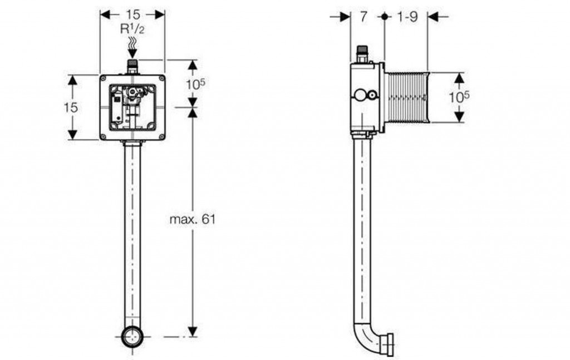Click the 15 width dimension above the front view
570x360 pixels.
point(133,14)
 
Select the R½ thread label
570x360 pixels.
point(132,29)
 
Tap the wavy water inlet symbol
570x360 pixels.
point(132,43)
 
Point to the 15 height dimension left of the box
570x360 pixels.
point(71,107)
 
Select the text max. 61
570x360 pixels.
point(193,219)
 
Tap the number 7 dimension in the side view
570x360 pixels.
point(364,16)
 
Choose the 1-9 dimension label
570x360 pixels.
point(407,16)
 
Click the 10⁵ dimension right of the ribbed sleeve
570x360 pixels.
point(459,97)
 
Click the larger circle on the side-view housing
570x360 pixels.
point(361,96)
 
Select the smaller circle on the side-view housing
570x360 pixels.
point(372,96)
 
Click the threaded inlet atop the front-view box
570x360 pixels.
point(132,66)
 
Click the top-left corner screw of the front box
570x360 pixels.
point(104,78)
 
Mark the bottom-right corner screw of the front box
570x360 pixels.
point(161,136)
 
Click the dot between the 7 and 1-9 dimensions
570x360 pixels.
point(385,16)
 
